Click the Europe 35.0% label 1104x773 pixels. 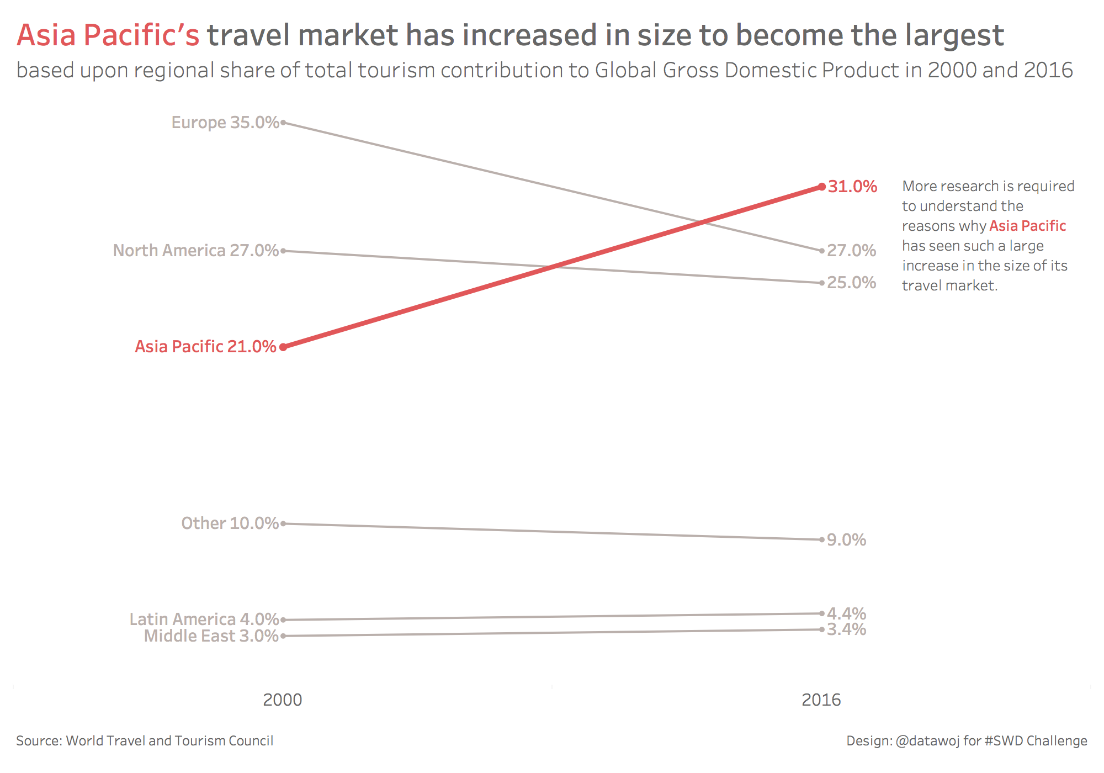[x=225, y=122]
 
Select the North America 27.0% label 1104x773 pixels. [x=196, y=250]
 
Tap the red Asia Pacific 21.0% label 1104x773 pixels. [x=205, y=346]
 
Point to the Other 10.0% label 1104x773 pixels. [x=230, y=523]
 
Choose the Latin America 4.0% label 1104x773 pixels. [x=204, y=619]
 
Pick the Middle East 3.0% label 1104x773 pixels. [x=211, y=636]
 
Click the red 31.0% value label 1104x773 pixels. [x=852, y=187]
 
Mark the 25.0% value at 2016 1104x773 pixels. [x=851, y=283]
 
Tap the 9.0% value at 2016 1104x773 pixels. [x=846, y=539]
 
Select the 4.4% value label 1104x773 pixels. [x=846, y=613]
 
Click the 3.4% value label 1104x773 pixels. [x=846, y=629]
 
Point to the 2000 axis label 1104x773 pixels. [x=283, y=700]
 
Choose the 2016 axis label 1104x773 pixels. [x=821, y=700]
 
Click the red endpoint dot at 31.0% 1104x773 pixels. [x=822, y=187]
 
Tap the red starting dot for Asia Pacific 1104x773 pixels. [x=283, y=347]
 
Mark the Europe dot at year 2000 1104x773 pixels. [x=283, y=123]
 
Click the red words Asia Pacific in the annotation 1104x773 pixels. [x=1027, y=226]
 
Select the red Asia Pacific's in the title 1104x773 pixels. [x=108, y=35]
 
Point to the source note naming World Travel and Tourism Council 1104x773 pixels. [x=145, y=740]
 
